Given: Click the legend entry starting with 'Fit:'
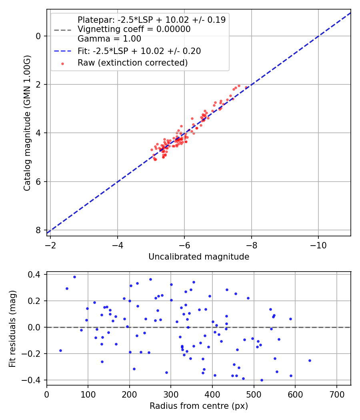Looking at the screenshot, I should tap(139, 51).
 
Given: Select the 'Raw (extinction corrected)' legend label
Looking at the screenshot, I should tap(132, 63).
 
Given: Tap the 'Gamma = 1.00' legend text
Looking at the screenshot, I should tap(109, 39).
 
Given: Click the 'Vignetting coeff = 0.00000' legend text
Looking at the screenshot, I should tap(134, 29).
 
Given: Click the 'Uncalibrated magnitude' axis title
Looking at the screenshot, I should tap(199, 257).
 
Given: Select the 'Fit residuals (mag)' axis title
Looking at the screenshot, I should tap(12, 328).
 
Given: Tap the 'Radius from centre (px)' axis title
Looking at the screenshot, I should tap(199, 406).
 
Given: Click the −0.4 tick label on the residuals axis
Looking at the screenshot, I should tap(33, 380).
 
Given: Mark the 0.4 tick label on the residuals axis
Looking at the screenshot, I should tap(35, 274).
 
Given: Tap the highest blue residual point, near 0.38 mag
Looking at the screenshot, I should tap(74, 277).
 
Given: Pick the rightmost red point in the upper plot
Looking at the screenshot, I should tap(246, 87).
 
